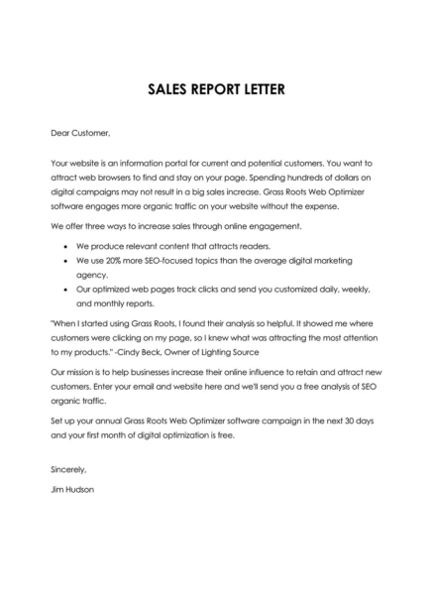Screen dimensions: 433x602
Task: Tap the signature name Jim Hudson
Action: coord(73,489)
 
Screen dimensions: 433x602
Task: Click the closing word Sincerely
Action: coord(68,469)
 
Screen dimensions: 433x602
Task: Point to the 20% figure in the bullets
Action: coord(123,257)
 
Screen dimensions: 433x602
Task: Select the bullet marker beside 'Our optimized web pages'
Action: coord(65,288)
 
